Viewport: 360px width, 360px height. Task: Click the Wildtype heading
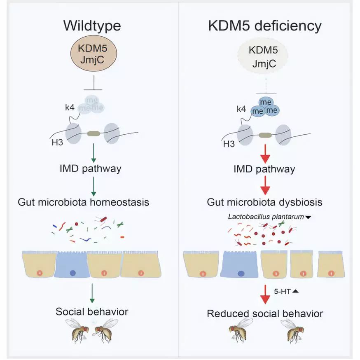click(92, 26)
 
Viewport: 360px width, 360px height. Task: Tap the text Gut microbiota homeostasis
click(83, 202)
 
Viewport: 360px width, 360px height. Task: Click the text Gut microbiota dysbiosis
click(265, 203)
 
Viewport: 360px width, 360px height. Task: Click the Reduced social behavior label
click(265, 313)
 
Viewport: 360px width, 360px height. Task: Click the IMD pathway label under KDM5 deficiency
click(265, 169)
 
